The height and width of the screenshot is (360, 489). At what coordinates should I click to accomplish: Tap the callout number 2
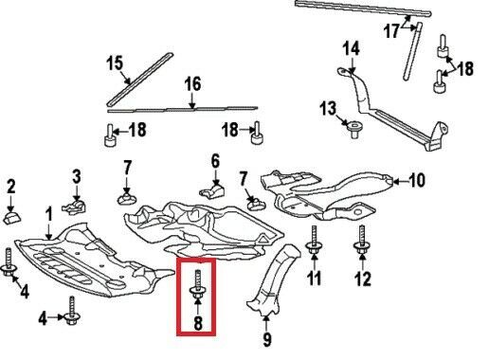coord(11,187)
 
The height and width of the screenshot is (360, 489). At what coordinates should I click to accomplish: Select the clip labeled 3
coord(75,206)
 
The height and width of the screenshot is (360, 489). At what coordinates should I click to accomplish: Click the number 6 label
coord(215,162)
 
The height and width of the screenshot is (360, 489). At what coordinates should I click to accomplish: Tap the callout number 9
coord(267,339)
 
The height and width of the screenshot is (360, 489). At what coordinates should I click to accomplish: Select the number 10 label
coord(416,181)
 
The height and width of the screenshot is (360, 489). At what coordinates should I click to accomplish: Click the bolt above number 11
coord(313,240)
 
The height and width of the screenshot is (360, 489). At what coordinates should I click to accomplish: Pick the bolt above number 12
coord(362,240)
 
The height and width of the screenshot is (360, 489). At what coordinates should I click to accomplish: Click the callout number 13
coord(328,108)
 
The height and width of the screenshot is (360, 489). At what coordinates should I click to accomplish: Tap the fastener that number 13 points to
coord(354,130)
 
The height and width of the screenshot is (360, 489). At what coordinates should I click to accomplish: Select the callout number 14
coord(352,49)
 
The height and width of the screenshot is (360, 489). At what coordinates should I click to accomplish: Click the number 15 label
coord(115,63)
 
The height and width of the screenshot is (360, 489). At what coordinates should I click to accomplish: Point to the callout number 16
coord(192,84)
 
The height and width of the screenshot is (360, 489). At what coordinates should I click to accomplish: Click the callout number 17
coord(391,31)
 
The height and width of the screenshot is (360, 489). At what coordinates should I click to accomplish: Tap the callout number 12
coord(362,279)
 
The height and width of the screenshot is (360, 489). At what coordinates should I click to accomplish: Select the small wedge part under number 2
coord(12,218)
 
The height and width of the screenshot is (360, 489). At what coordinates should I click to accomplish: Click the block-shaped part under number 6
coord(212,191)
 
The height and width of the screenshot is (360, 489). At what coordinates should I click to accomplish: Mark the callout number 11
coord(315,278)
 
